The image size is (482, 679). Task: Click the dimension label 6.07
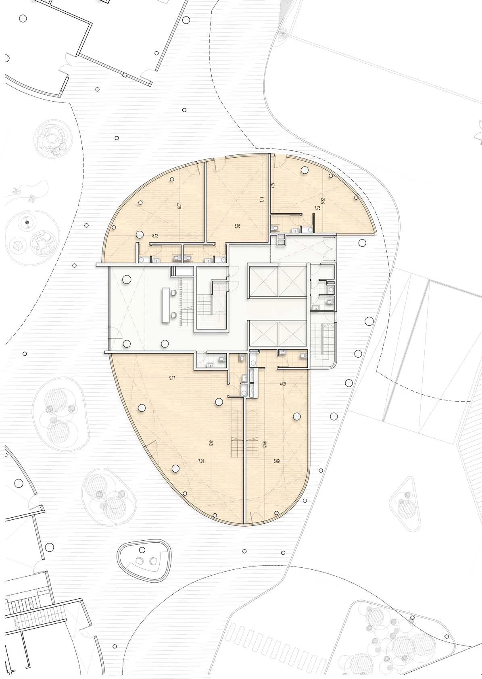(x=179, y=206)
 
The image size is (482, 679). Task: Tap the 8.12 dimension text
(x=155, y=235)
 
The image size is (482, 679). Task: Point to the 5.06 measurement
(x=237, y=225)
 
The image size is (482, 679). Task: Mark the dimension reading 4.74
(x=273, y=185)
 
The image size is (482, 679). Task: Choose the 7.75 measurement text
(x=317, y=208)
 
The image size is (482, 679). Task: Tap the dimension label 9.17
(x=172, y=378)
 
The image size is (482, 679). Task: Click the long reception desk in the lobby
(x=166, y=305)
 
